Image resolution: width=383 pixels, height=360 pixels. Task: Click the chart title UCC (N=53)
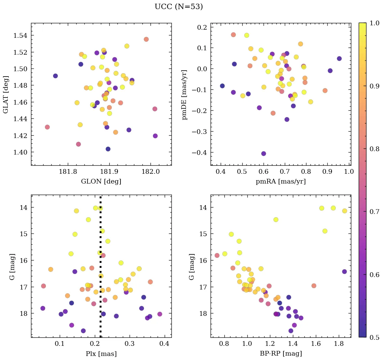[179, 7]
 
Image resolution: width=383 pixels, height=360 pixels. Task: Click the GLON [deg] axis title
[101, 182]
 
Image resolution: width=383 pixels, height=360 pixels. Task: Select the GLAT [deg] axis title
[6, 94]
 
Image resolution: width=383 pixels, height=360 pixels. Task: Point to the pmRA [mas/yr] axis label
[280, 182]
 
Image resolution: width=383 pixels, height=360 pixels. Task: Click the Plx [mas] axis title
[101, 354]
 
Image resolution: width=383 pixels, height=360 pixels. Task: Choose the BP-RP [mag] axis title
[280, 354]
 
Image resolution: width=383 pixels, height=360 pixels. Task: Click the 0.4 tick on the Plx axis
[164, 344]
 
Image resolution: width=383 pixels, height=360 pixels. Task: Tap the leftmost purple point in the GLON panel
[55, 76]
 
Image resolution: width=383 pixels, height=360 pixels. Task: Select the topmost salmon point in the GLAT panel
[146, 39]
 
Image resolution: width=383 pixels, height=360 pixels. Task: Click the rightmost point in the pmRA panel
[339, 58]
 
